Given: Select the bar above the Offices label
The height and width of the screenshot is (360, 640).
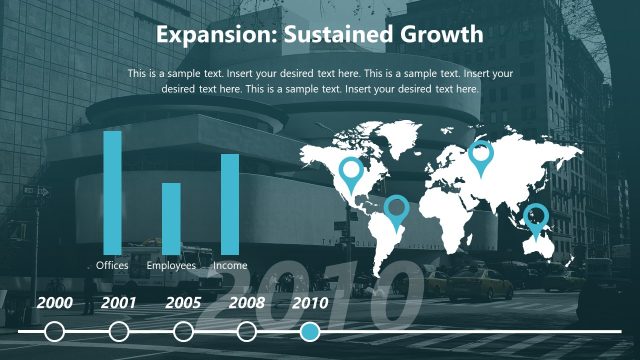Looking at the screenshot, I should (113, 192).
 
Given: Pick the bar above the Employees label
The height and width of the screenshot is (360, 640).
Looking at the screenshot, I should (171, 218).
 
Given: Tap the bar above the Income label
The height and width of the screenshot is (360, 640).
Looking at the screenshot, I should (230, 204).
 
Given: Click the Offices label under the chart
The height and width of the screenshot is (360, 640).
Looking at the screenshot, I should (113, 266).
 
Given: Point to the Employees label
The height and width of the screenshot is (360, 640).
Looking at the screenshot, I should (171, 266).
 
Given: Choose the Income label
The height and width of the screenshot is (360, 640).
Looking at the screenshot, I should (230, 266).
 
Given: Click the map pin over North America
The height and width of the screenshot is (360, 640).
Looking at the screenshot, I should (351, 173).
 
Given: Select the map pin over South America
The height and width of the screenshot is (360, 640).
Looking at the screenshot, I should (397, 210).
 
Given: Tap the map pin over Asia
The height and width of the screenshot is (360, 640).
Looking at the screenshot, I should (481, 156).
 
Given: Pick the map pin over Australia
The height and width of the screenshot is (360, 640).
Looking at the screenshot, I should (537, 217).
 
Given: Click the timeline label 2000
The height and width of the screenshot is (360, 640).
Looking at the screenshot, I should (55, 302).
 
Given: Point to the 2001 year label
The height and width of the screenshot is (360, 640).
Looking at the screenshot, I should (119, 302).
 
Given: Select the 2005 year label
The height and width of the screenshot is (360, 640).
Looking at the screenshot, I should (183, 302).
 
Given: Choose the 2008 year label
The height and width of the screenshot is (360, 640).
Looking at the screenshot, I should (247, 302).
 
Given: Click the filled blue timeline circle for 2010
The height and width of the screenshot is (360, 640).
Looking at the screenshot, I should (311, 331).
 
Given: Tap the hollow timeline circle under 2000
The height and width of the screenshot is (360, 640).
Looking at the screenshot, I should (55, 331).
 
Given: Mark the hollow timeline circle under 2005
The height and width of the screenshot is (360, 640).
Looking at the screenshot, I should (183, 331).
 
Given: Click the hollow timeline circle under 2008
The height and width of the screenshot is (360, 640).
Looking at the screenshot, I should (247, 331).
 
